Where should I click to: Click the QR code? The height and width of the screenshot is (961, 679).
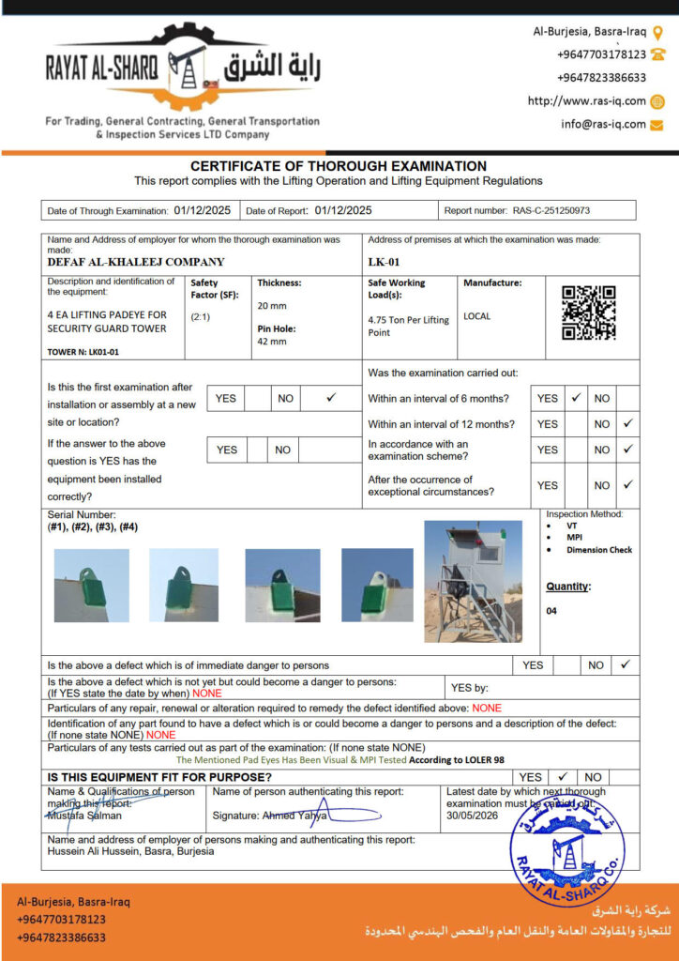point(588,313)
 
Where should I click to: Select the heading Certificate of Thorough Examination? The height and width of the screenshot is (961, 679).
point(339,166)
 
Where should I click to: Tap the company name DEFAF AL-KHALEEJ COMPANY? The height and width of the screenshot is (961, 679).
point(136,263)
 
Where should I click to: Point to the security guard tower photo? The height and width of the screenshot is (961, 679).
point(474,582)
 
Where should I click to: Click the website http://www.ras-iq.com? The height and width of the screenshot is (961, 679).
point(586,101)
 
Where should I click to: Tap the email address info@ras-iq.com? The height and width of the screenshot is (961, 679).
point(603,124)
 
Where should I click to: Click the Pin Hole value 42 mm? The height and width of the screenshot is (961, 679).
point(272,342)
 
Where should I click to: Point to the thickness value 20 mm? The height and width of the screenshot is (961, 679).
point(272,306)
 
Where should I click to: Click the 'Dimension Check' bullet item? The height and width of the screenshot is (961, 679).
point(598,550)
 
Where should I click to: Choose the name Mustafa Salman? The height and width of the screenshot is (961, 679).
point(84,816)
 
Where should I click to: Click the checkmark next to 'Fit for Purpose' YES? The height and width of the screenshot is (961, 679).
point(562,777)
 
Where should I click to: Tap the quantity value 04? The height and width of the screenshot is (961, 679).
point(552,611)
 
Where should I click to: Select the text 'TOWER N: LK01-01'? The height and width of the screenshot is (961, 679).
point(83,352)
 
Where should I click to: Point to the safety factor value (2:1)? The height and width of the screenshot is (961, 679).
point(201,317)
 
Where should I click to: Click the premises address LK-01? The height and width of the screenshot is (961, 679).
point(385,263)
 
